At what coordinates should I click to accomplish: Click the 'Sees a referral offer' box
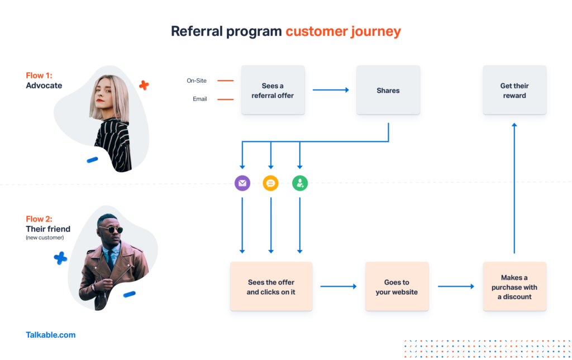[273, 90]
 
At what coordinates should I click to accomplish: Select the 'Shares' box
[388, 90]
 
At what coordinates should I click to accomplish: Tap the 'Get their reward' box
[514, 90]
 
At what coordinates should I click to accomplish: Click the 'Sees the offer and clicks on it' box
[271, 287]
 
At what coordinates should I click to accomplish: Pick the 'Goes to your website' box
[397, 287]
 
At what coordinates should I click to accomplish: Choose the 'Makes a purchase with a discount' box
[514, 287]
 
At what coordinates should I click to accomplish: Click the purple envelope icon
[242, 183]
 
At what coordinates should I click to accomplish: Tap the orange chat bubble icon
[271, 183]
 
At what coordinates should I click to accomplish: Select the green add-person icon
[300, 183]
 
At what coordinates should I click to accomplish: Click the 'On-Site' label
[197, 80]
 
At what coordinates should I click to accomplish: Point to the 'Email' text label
[200, 99]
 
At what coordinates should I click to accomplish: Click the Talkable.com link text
[51, 335]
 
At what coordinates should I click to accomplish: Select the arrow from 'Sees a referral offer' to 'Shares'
[331, 90]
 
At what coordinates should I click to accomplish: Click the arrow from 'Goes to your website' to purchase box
[456, 287]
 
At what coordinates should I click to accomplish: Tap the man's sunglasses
[111, 230]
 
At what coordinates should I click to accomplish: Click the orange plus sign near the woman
[144, 86]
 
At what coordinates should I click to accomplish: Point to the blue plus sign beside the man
[60, 258]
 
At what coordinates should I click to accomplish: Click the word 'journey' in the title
[376, 32]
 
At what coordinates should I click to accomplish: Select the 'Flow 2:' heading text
[39, 219]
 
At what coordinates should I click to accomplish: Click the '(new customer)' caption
[45, 238]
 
